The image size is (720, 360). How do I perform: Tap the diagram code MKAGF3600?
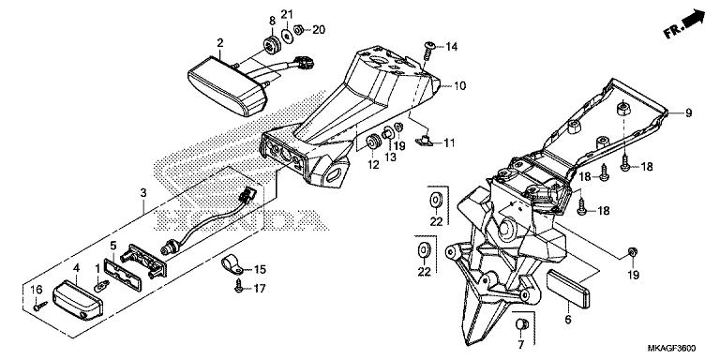click(676, 347)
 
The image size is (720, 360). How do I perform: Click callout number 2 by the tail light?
click(220, 43)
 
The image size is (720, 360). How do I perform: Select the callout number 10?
click(459, 85)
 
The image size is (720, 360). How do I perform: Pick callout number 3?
click(142, 193)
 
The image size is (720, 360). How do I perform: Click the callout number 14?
click(452, 46)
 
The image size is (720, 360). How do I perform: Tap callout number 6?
click(566, 320)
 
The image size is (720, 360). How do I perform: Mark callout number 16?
click(38, 288)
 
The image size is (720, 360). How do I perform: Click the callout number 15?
click(261, 269)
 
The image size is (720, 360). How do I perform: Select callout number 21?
click(287, 13)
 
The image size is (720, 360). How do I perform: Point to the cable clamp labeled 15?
click(228, 265)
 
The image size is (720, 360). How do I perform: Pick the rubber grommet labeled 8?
click(276, 45)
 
